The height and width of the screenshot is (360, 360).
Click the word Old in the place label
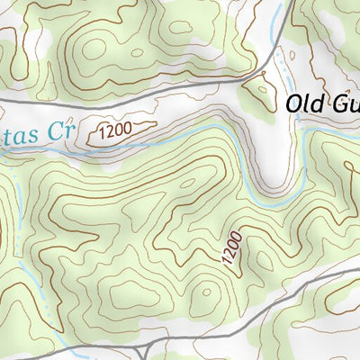(305, 103)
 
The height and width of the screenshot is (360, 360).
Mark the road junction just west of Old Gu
(246, 79)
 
